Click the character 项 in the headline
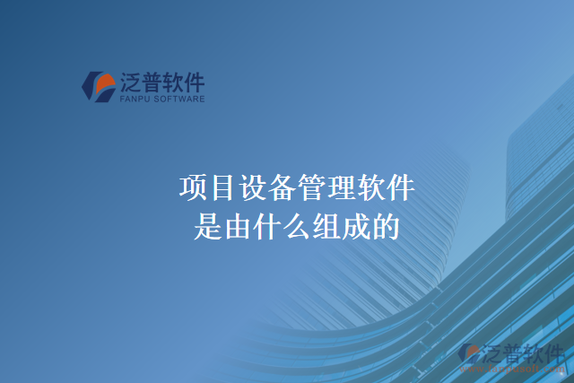(x=193, y=188)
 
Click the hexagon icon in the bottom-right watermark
(x=470, y=355)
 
